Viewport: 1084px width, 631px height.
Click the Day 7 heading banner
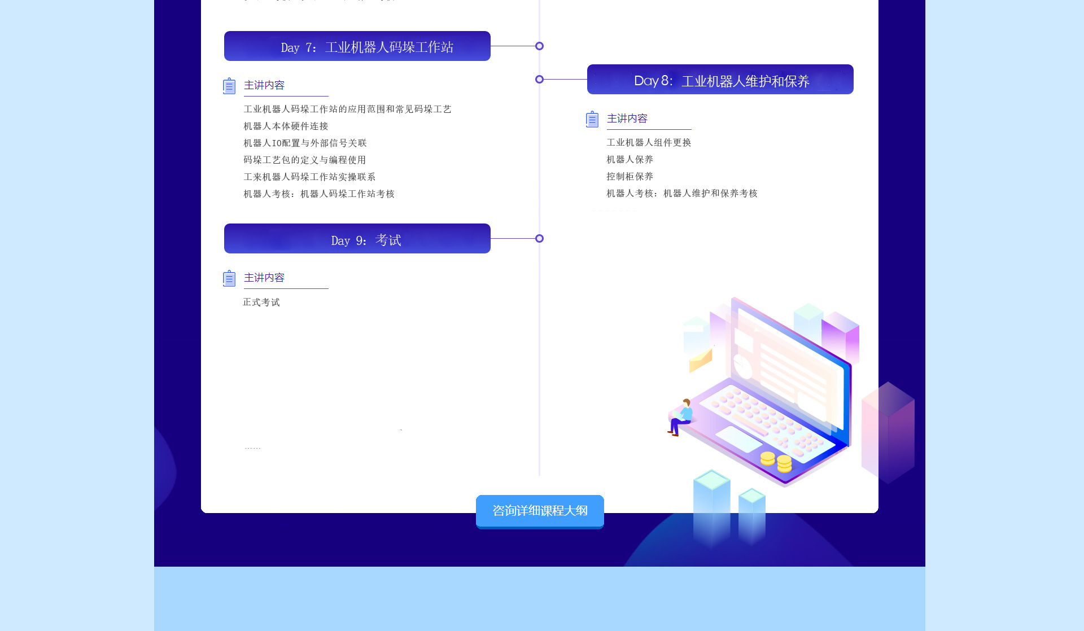(357, 46)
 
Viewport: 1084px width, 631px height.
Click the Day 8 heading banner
(720, 80)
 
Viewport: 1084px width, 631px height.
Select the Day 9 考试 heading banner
(357, 239)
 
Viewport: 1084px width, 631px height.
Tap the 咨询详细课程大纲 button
(540, 511)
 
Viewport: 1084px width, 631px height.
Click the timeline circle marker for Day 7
(539, 46)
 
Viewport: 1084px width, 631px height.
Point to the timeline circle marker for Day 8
(539, 80)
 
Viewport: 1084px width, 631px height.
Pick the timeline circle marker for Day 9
(539, 239)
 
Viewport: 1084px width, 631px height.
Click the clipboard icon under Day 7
(229, 86)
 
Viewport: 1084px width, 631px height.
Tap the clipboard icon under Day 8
(592, 119)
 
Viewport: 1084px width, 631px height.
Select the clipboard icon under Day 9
(229, 278)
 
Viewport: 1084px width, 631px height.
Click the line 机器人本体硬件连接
(286, 126)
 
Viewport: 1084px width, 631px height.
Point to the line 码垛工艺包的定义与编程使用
(305, 160)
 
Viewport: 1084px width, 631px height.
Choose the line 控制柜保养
(630, 177)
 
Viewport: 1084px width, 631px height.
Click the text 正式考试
(261, 303)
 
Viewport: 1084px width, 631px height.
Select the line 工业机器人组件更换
(649, 143)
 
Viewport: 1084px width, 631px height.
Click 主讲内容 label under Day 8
(627, 119)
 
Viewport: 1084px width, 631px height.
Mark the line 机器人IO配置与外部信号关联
(305, 143)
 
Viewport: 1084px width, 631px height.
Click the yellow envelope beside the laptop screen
(701, 360)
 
